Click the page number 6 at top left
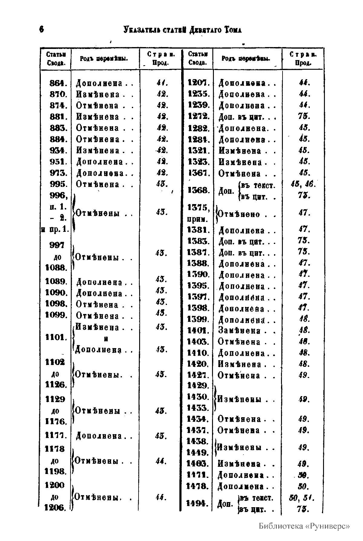coord(41,30)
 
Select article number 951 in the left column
coord(58,162)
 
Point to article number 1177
coord(56,436)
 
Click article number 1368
coord(198,190)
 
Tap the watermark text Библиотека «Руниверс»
coord(304,526)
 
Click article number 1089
coord(56,282)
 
